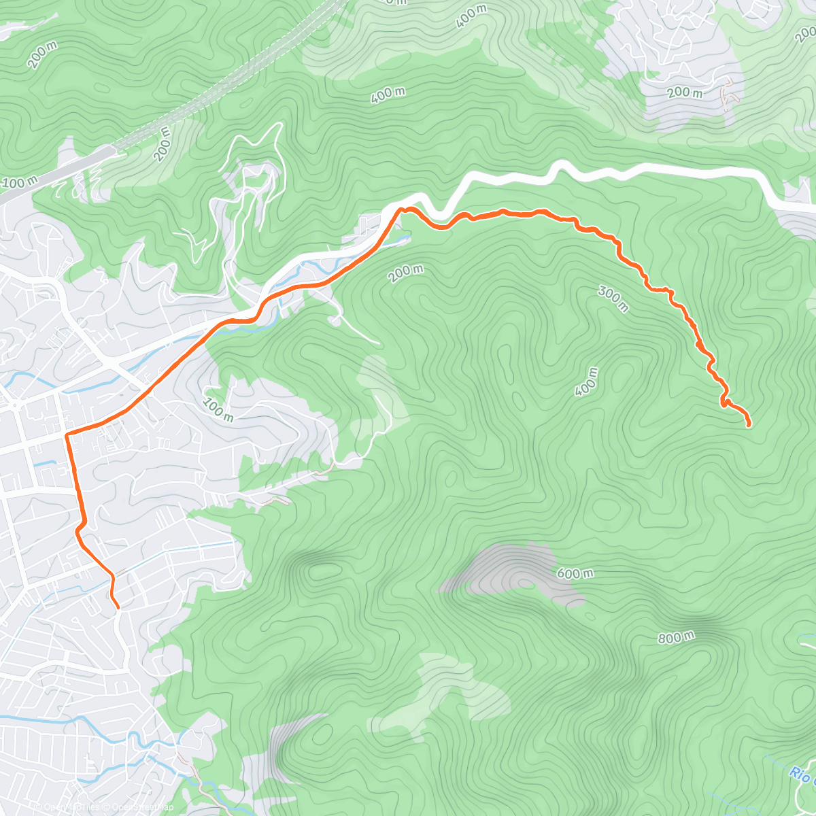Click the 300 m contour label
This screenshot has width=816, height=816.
(x=613, y=299)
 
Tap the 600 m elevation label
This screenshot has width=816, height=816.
(x=575, y=573)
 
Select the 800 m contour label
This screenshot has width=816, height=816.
(x=676, y=638)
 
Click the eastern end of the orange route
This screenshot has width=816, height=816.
(x=749, y=426)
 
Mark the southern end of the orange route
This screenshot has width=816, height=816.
(x=118, y=607)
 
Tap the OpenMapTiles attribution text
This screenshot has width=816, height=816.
(x=68, y=807)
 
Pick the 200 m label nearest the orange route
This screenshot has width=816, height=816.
(x=405, y=273)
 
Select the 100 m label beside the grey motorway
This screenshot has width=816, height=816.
(x=20, y=183)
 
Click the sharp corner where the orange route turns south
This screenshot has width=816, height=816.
(x=67, y=434)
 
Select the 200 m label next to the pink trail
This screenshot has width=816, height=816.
(x=684, y=92)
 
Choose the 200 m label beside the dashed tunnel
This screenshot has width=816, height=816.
(x=163, y=143)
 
